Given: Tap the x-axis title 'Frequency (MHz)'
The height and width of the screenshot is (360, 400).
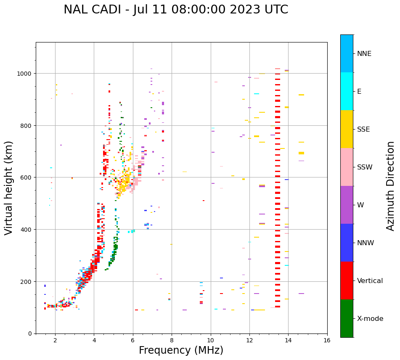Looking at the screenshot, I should point(181,350).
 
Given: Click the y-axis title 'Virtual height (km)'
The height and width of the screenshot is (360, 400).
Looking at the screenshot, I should point(9,188).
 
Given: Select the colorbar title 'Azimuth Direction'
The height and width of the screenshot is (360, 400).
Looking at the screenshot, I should point(391,186).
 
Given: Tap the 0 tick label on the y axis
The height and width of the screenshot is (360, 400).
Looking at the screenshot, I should point(30,334).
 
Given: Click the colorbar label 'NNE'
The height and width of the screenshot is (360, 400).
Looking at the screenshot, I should point(364,53).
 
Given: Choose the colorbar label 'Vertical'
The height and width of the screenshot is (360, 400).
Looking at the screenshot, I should point(370,281).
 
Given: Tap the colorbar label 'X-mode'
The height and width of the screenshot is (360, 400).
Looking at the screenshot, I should point(370,318).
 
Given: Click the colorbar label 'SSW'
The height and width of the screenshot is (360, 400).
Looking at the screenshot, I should point(365,167).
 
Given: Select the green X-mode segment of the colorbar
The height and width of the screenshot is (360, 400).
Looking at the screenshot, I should point(347,318).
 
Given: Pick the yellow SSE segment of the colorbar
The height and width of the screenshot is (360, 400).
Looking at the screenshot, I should point(347,129).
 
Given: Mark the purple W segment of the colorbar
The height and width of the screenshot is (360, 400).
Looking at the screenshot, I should point(347,205).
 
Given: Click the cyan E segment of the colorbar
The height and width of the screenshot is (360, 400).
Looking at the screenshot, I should point(347,91).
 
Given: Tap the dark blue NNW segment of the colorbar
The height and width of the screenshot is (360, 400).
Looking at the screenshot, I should point(347,243).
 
